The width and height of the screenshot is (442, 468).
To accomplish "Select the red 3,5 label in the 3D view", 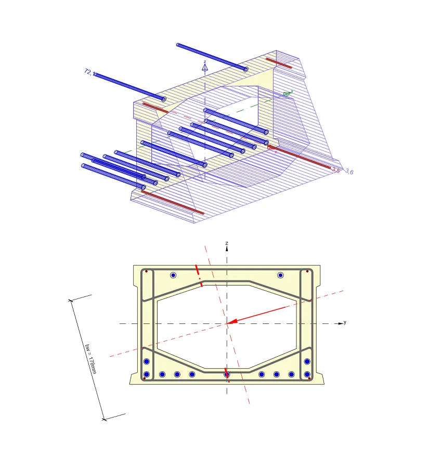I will (336, 170).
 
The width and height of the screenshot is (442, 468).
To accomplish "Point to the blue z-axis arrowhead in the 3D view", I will (205, 67).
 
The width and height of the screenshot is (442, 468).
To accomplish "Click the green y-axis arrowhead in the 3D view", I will (287, 94).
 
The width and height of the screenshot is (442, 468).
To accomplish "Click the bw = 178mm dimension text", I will (90, 358).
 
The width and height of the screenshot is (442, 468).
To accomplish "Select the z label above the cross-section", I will (227, 243).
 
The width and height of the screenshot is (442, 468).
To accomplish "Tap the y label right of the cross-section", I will (345, 322).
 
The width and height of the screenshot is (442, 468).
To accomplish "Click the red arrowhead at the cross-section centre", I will (232, 321).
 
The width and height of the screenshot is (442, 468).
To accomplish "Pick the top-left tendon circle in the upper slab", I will (173, 275).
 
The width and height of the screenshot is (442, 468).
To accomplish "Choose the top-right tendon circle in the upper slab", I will (280, 275).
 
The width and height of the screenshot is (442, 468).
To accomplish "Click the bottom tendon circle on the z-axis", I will (227, 374).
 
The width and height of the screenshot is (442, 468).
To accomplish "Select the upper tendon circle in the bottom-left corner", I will (147, 361).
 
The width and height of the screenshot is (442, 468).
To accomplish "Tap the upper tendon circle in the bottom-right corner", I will (307, 361).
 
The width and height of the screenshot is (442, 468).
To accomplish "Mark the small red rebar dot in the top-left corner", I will (146, 271).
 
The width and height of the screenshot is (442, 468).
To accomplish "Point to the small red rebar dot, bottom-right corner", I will (310, 379).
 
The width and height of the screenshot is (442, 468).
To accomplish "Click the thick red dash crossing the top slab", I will (199, 276).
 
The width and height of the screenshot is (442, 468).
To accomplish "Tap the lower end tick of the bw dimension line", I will (104, 419).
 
